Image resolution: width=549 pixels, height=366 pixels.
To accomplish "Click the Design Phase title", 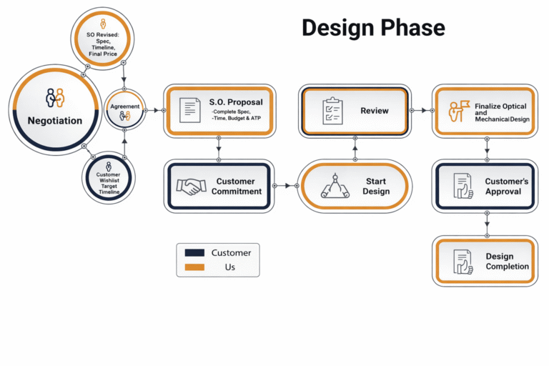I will pos(372,28).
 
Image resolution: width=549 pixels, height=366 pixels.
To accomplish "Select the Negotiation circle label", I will pos(55,120).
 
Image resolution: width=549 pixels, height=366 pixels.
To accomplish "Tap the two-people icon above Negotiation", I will pos(55,97).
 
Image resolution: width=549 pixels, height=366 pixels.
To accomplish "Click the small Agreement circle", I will pos(125,109).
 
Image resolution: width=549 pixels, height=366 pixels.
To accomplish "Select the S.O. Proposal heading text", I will pos(236,102).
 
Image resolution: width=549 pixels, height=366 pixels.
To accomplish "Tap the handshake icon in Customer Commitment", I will pos(190,187).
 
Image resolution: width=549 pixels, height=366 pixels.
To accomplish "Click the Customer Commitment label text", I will pos(239,187).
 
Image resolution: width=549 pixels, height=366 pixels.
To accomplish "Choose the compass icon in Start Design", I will pos(334,187).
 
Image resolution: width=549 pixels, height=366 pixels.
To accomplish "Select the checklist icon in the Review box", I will pos(332,111).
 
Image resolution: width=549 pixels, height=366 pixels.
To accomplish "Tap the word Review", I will pos(375,111).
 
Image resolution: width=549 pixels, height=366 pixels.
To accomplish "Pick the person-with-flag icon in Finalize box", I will pos(458,112).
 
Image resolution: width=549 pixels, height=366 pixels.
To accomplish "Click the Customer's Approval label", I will pos(506,187).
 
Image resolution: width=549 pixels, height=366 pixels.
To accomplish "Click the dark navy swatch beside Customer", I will pos(194,253).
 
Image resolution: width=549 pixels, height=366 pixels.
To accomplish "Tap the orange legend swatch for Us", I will pos(194,267).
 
